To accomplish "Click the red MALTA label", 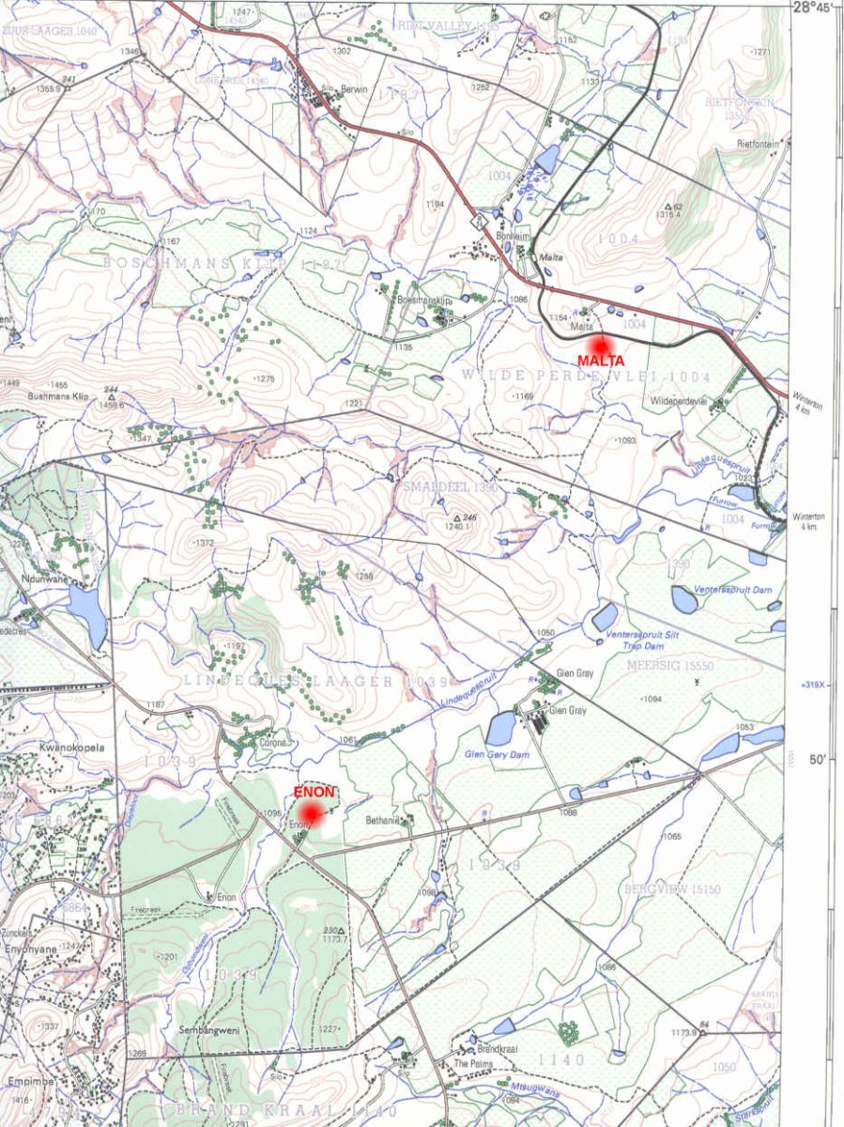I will click(x=601, y=361).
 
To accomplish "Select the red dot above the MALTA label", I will click(x=599, y=344).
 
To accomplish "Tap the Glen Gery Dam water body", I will click(x=500, y=728).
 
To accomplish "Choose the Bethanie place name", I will click(x=383, y=820).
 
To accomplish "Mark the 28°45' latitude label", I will click(x=812, y=8).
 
